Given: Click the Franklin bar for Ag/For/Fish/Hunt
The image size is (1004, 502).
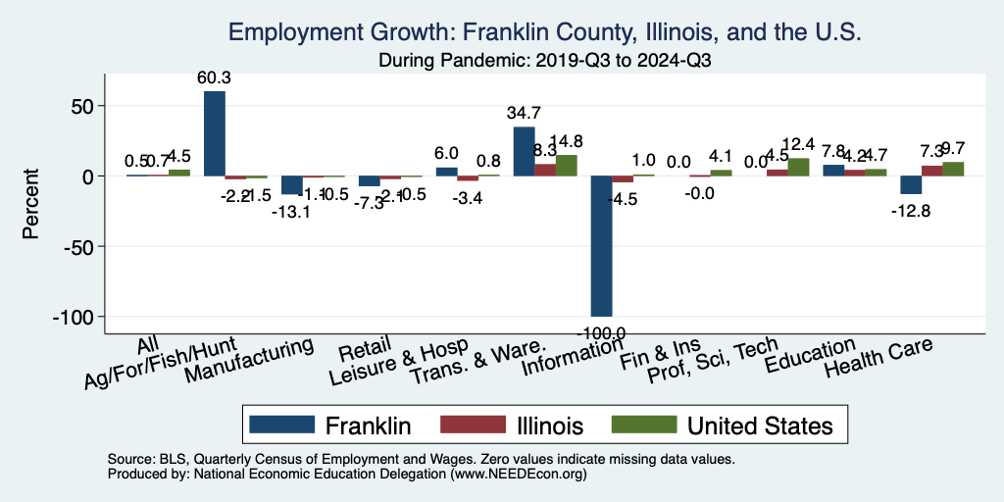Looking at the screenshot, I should [x=214, y=133].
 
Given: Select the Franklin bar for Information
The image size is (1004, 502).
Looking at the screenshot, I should [x=601, y=245].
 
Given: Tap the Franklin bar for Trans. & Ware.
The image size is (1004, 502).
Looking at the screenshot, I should [x=524, y=152].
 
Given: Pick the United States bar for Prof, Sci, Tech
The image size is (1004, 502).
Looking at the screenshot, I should [x=798, y=167].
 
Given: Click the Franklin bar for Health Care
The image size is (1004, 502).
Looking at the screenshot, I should [x=911, y=185].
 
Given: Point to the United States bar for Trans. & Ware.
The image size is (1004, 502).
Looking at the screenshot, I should [x=567, y=165].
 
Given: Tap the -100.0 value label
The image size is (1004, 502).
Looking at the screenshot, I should [x=601, y=332].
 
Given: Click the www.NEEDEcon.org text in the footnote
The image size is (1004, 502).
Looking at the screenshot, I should [x=517, y=474].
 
